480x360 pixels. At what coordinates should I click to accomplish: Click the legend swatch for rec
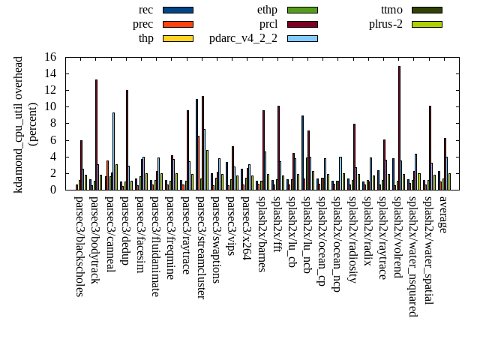coord(178,10)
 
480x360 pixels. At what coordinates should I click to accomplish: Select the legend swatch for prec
coord(178,24)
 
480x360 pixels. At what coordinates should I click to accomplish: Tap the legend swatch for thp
coord(178,38)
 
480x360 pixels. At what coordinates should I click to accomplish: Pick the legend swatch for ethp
coord(302,10)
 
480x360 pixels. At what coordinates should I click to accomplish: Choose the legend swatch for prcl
coord(302,24)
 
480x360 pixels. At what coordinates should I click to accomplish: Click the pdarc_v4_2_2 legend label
coord(243,38)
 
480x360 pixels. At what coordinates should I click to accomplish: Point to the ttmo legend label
coord(391,10)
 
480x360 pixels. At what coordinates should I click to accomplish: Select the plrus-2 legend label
coord(385,24)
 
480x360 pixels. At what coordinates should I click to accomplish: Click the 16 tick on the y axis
coord(50,57)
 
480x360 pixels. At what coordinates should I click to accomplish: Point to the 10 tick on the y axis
coord(50,106)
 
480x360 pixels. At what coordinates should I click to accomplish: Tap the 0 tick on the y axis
coord(54,190)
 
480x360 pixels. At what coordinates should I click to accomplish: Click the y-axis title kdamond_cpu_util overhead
coord(19,124)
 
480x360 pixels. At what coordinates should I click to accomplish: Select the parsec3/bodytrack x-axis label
coord(94,241)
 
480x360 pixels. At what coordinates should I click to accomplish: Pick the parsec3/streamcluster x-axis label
coord(201,247)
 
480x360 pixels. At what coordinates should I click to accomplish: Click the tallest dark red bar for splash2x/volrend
coord(399,127)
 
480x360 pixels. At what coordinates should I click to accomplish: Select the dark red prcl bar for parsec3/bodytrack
coord(96,134)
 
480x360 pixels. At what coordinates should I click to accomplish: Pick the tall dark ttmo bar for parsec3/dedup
coord(127,139)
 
